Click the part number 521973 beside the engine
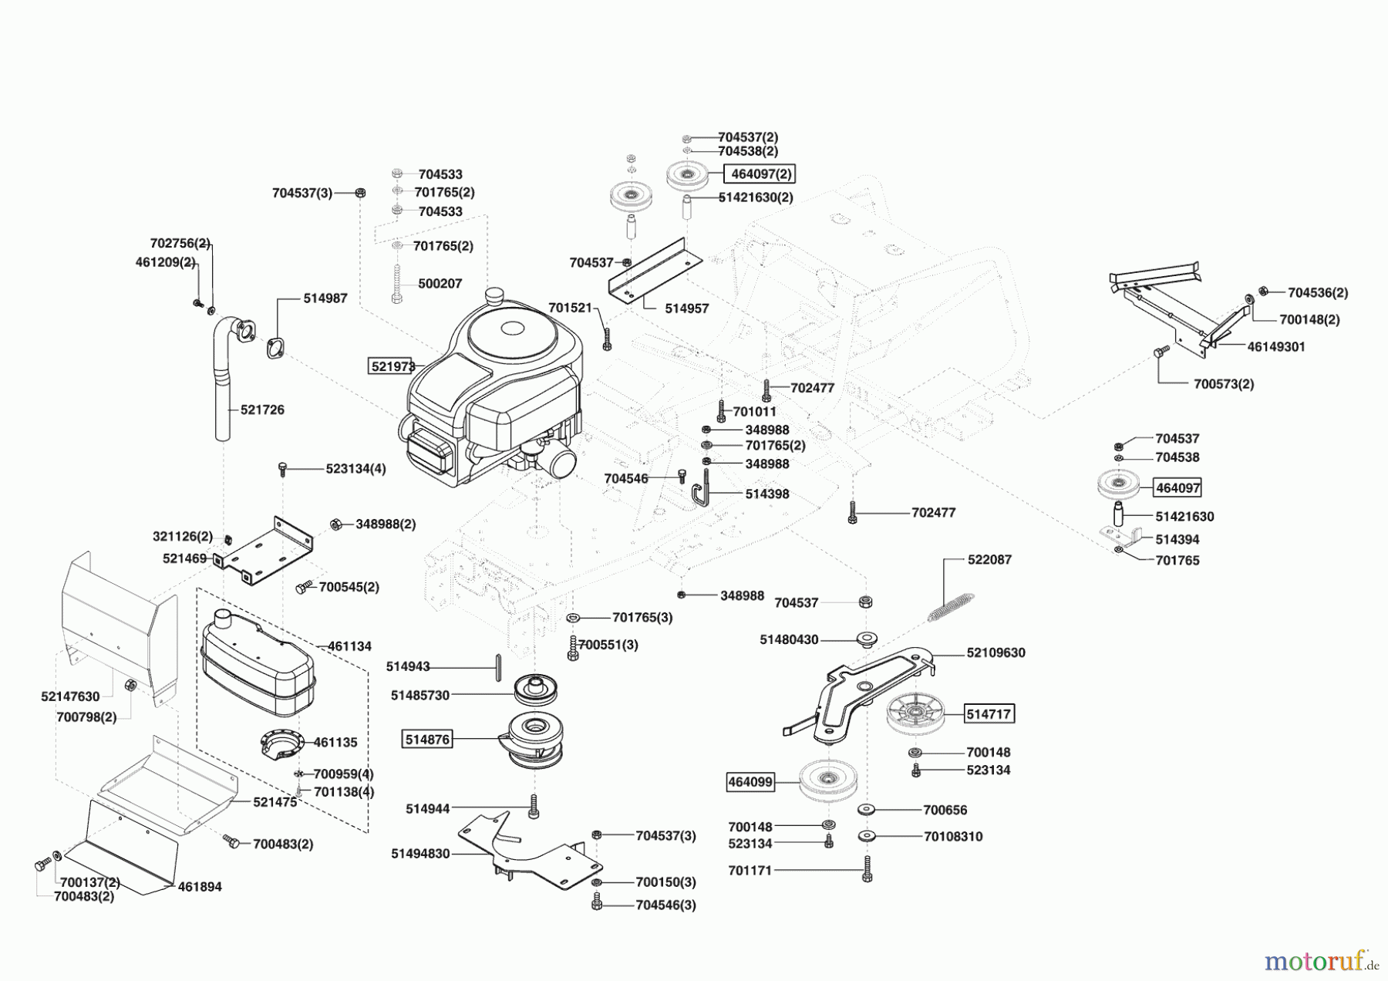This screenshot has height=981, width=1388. (x=393, y=366)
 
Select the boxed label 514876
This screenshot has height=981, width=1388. (x=427, y=740)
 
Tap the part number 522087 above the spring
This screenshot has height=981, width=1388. (x=989, y=560)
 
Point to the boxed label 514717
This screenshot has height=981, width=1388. (x=989, y=714)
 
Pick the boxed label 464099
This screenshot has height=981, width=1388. (x=750, y=782)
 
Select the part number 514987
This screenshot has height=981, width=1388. (x=325, y=298)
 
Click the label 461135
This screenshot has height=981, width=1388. (x=335, y=743)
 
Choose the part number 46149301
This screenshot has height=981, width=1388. (x=1276, y=347)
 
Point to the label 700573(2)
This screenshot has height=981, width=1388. (x=1224, y=384)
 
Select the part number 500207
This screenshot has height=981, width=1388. (x=440, y=284)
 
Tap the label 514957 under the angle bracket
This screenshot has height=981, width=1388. (x=686, y=308)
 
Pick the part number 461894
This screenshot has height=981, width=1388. (x=200, y=887)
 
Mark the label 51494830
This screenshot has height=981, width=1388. (x=420, y=854)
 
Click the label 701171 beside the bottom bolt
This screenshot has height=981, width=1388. (x=750, y=871)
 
